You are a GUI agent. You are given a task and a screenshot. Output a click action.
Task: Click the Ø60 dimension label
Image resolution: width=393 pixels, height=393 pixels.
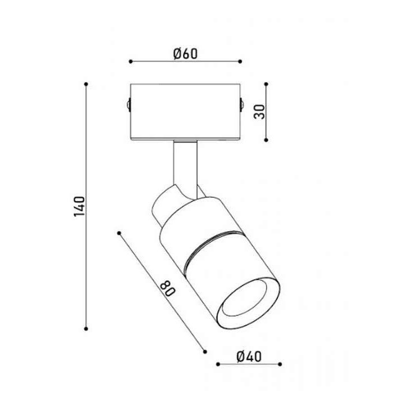(185, 54)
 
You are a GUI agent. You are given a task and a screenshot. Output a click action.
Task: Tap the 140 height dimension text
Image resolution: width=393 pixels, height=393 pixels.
(80, 207)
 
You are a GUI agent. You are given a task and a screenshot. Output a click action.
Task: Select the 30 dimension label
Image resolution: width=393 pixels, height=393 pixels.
(259, 112)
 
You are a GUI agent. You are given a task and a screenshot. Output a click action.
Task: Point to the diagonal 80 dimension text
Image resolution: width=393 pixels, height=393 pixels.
(168, 289)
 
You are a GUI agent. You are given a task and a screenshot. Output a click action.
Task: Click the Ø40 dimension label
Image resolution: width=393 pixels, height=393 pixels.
(249, 357)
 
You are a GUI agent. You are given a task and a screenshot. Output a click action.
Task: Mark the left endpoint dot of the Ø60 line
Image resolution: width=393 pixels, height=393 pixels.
(131, 61)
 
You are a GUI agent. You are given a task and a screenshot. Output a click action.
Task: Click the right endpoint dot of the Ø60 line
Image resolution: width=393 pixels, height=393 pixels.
(240, 61)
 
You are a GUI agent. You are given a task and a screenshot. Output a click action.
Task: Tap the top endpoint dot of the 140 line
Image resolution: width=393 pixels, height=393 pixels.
(86, 84)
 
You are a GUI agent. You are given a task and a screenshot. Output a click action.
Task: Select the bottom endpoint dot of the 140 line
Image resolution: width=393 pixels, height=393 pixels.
(86, 329)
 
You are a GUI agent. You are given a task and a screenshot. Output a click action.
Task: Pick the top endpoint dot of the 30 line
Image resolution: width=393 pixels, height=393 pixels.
(266, 84)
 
